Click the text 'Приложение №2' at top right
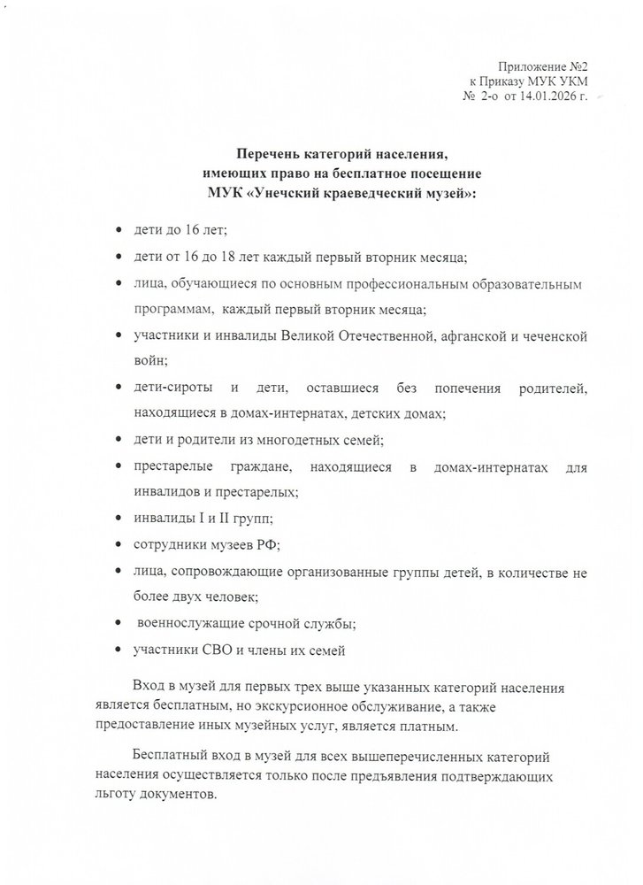coord(546,67)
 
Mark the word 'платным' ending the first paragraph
coord(428,727)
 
